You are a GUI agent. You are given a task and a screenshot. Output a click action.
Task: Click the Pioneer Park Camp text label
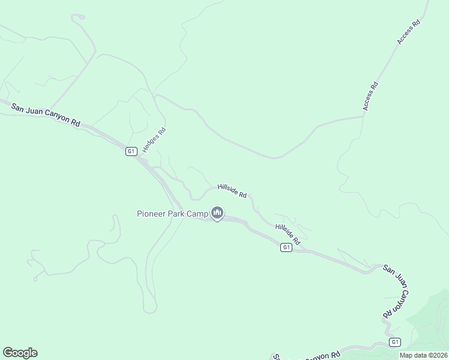click(172, 214)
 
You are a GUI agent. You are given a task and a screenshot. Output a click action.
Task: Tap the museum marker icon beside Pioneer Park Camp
click(217, 213)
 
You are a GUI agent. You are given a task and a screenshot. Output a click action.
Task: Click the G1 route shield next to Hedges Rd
click(131, 151)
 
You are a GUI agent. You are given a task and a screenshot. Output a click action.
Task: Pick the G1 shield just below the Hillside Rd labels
click(286, 247)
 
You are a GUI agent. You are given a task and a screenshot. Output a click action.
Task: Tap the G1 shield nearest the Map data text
click(394, 342)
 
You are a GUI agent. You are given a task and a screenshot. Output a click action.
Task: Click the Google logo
click(20, 353)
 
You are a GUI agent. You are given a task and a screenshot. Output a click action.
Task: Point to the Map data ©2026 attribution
click(423, 355)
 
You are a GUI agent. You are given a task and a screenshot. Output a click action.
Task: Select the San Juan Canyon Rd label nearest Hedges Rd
click(46, 114)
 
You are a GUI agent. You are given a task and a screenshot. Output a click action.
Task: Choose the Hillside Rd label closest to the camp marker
click(232, 191)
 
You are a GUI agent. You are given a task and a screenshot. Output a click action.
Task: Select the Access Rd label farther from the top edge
click(370, 95)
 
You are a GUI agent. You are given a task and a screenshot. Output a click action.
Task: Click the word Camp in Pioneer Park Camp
click(197, 214)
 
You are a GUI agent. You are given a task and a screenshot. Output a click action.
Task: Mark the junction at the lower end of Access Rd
click(363, 116)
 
